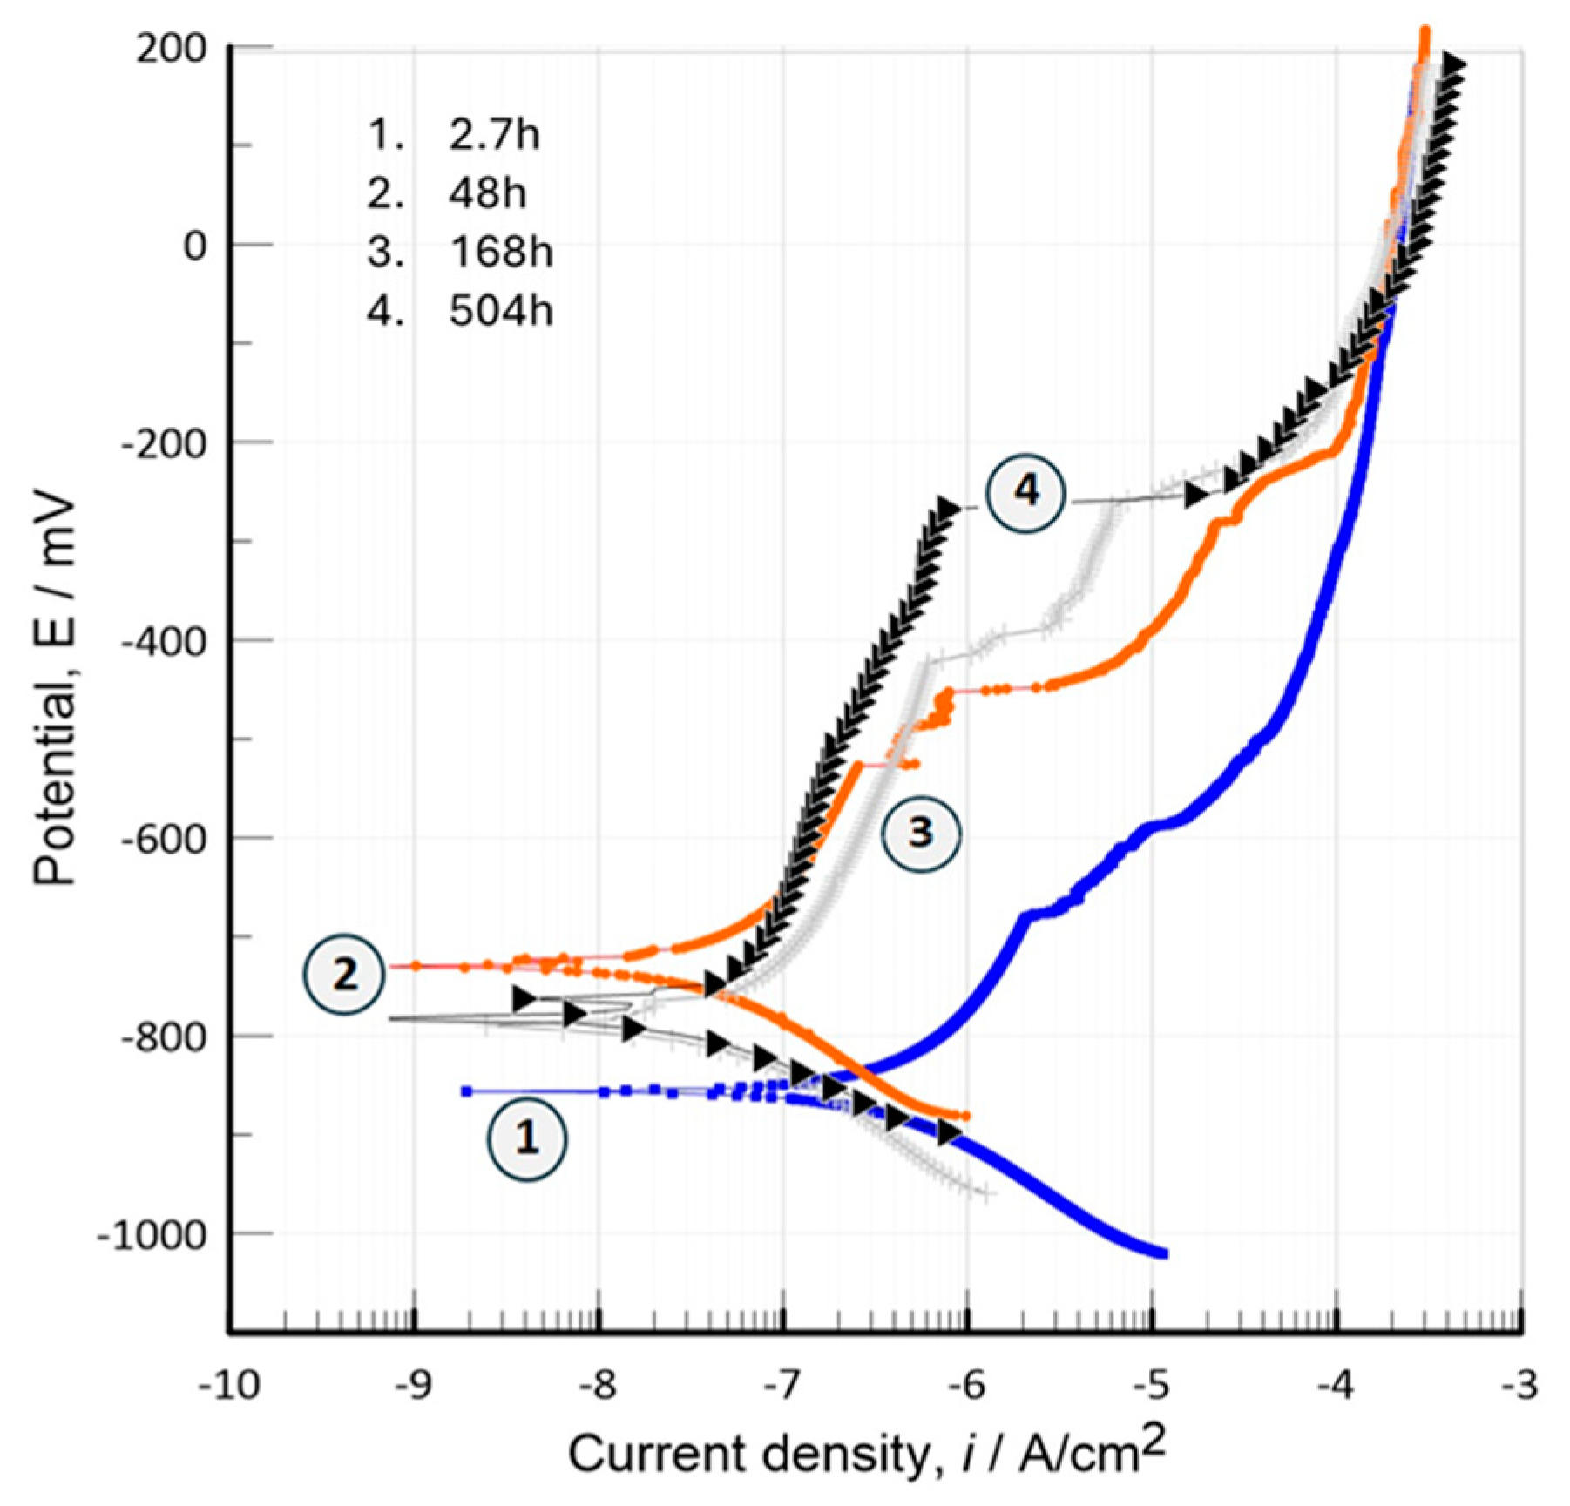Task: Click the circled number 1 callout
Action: point(526,1138)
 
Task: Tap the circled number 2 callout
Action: point(344,974)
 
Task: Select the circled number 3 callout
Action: point(920,832)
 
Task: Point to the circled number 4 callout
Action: point(1026,491)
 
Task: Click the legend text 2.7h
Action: point(494,135)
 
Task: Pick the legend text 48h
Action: point(488,193)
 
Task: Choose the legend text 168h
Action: point(501,253)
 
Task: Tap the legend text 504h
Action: point(501,311)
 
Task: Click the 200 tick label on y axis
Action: point(171,49)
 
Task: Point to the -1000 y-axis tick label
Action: point(152,1234)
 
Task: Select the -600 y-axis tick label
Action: point(163,839)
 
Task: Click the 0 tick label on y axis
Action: point(195,246)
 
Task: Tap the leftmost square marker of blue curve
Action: point(466,1091)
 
